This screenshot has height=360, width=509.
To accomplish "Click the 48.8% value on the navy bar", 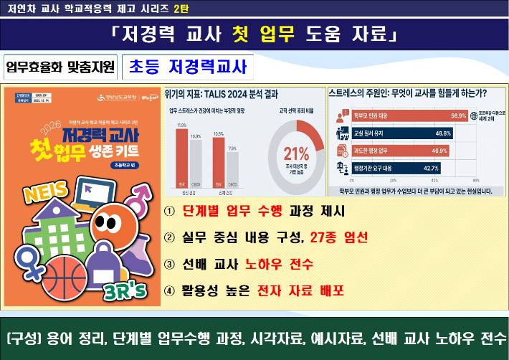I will point(443,133).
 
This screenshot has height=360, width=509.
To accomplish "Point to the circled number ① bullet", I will point(169,211).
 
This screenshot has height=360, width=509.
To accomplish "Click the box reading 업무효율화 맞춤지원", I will point(60,67).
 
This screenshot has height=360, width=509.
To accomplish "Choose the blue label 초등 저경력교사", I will point(187,67).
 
